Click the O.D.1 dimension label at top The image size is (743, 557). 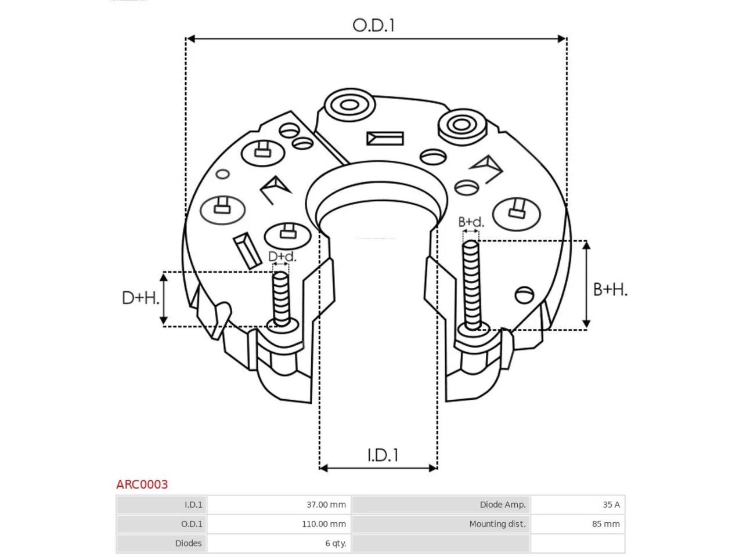pos(373,26)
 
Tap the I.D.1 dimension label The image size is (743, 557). pos(383,455)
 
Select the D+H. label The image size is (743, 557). pos(140,298)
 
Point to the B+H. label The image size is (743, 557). pos(610,290)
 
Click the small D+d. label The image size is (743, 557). pos(282,256)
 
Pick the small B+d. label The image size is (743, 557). pos(471,222)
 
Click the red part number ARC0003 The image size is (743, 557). pos(142,484)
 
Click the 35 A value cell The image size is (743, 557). pos(578,505)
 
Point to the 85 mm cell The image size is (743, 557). pos(578,524)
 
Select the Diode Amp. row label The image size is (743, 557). pos(441,505)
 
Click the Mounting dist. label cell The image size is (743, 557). pos(441,524)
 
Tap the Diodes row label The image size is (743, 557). pos(161,543)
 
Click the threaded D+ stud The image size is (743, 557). pos(281,299)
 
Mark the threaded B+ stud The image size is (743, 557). pos(471,286)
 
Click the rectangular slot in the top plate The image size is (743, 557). pos(385,139)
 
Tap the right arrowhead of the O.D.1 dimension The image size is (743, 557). pos(561,39)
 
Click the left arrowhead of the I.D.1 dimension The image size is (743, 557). pos(323,468)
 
